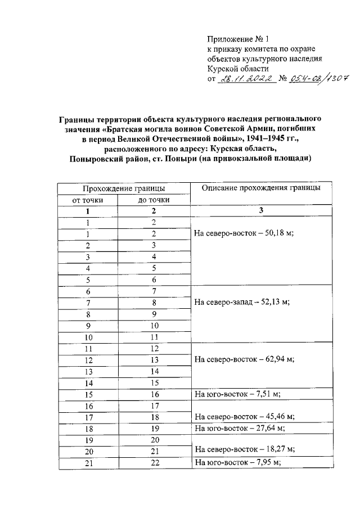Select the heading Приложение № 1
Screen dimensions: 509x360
point(238,40)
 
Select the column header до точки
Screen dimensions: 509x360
point(154,200)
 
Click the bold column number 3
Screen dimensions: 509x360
point(261,210)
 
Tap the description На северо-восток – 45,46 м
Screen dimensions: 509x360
point(245,417)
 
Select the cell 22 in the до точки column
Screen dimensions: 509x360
point(154,462)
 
